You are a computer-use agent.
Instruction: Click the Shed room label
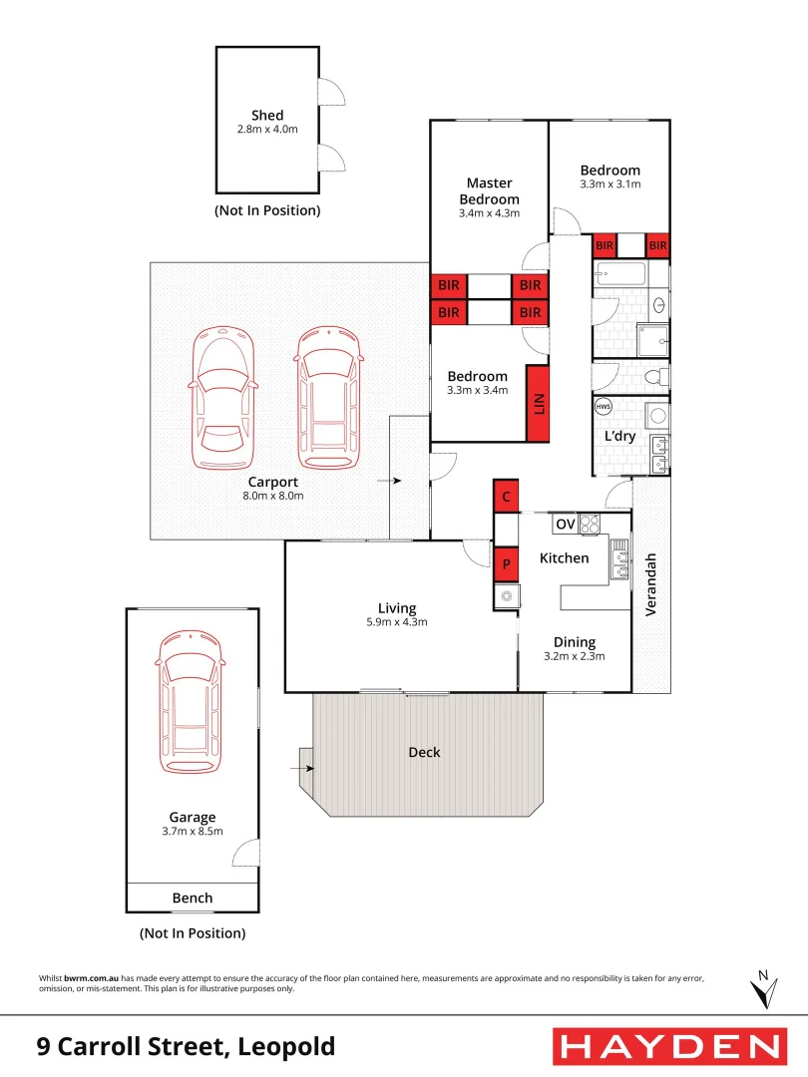(267, 116)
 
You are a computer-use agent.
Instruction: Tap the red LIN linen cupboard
(539, 404)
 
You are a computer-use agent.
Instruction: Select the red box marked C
(507, 496)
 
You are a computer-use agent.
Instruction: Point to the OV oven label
(565, 524)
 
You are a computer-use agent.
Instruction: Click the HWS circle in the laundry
(603, 407)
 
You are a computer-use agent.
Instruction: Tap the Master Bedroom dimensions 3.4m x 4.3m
(489, 213)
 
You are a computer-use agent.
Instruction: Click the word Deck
(424, 752)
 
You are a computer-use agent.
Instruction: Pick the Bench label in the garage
(193, 897)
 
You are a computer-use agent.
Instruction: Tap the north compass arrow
(763, 990)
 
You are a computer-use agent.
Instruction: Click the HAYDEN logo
(667, 1046)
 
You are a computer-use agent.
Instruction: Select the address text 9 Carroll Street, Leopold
(186, 1046)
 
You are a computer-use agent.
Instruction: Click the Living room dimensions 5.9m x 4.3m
(397, 622)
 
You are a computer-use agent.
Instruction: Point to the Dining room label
(574, 642)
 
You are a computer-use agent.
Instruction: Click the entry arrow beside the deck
(306, 768)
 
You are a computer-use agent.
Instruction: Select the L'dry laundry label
(620, 436)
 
